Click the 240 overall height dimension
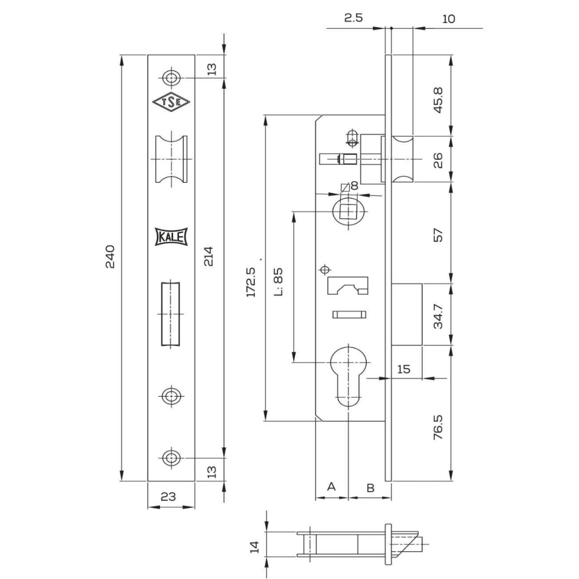[110, 256]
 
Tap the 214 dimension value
[209, 256]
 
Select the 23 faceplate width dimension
[168, 496]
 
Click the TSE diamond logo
[172, 102]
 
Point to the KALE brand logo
[172, 237]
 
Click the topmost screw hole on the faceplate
[172, 78]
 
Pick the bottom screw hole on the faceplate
[172, 458]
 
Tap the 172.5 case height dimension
[251, 282]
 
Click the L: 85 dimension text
[279, 282]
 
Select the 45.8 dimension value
[438, 100]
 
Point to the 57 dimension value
[438, 235]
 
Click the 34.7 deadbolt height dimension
[438, 316]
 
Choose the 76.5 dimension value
[438, 427]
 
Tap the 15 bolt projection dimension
[404, 369]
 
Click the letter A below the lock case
[331, 486]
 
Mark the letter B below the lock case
[370, 488]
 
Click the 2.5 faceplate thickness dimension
[354, 18]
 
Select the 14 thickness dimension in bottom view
[255, 547]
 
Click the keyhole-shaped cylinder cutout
[348, 377]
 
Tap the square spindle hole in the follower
[348, 212]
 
